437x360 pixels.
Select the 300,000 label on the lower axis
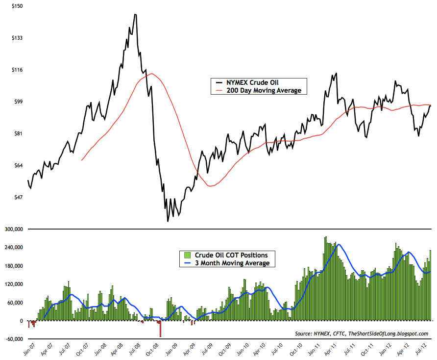click(x=13, y=229)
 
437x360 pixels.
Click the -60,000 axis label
click(x=13, y=339)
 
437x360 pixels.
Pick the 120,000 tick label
click(x=13, y=284)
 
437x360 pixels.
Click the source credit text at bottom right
click(x=362, y=334)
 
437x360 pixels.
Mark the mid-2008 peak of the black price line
click(x=135, y=15)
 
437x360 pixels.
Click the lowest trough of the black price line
click(x=168, y=221)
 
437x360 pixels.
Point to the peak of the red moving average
click(x=152, y=74)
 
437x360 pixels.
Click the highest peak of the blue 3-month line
click(x=339, y=244)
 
